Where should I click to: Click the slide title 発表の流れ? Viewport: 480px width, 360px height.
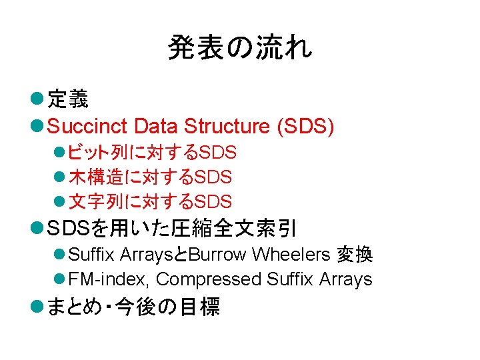[x=239, y=48]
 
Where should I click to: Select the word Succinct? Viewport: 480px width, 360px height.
[x=88, y=126]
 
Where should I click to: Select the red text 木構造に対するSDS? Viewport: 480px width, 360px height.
[x=150, y=177]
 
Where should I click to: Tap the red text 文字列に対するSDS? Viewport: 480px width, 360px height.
[x=150, y=201]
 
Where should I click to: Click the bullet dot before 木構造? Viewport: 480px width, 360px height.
[x=59, y=177]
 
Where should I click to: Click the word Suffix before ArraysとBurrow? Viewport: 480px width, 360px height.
[x=91, y=255]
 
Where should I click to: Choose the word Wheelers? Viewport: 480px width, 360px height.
[x=291, y=255]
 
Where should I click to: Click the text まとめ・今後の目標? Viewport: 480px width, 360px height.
[x=134, y=307]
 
